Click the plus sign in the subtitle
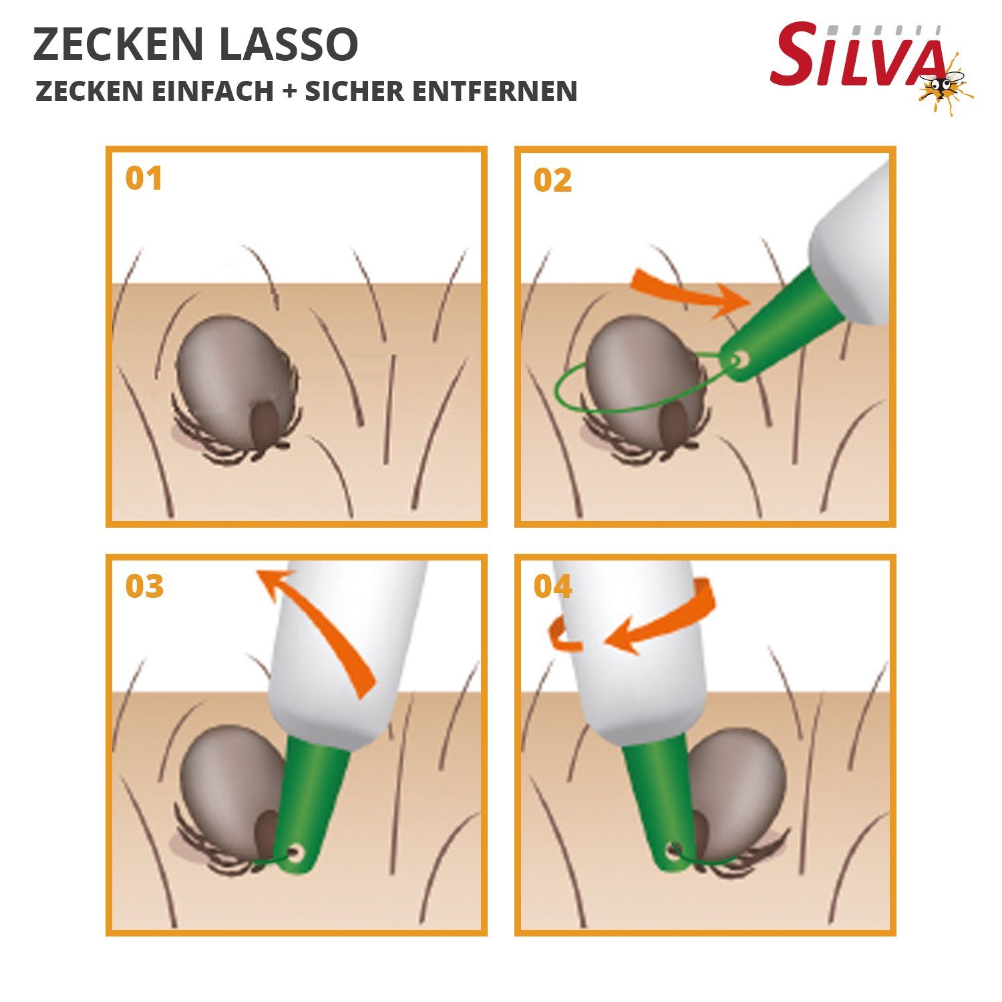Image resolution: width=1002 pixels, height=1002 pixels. click(289, 92)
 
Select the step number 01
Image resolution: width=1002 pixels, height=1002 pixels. click(144, 178)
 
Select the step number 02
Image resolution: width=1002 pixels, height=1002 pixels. click(552, 180)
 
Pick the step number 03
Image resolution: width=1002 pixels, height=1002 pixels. click(144, 587)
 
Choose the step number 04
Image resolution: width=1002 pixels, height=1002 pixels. click(552, 587)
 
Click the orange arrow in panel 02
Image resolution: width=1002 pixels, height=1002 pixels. click(688, 291)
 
